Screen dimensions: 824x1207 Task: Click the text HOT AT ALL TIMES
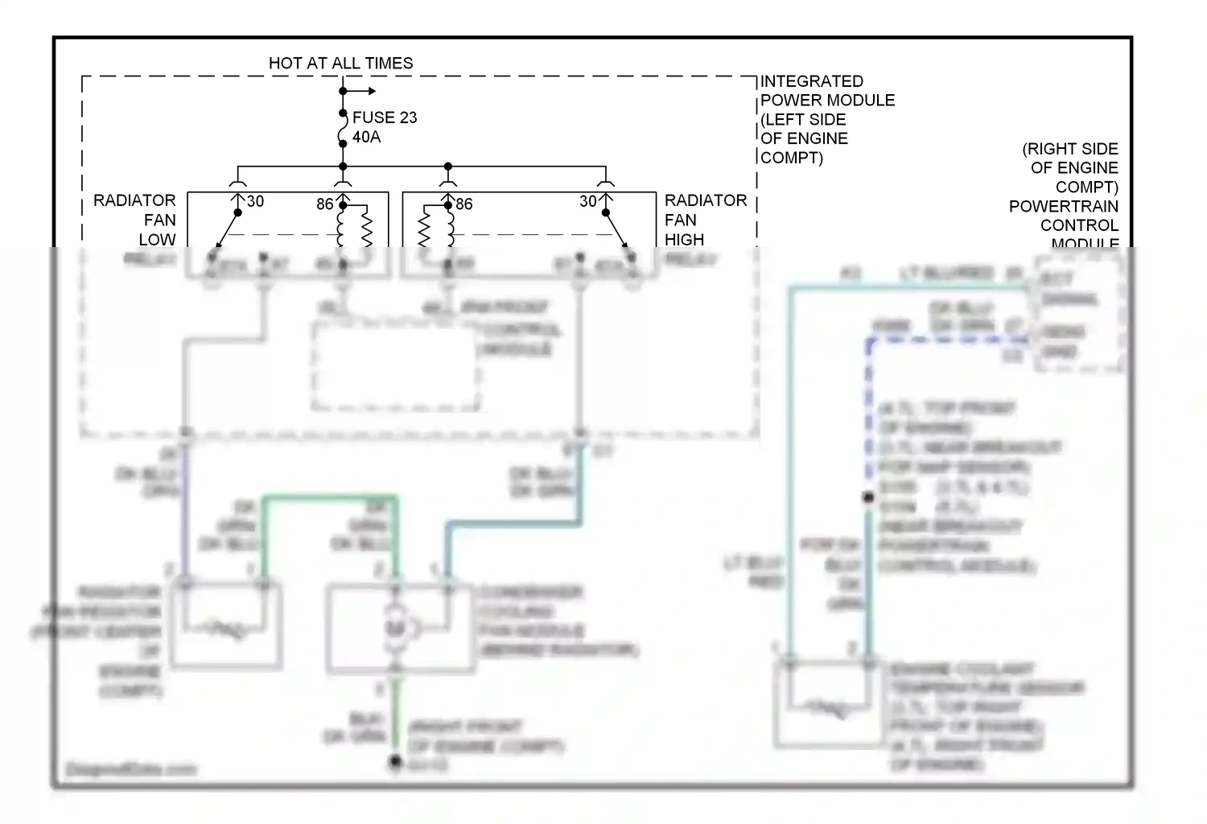340,63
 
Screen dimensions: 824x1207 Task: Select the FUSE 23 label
385,117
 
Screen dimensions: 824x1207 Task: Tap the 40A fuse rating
366,137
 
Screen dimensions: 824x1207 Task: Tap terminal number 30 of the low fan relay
255,201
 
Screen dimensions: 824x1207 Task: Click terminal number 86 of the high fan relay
464,204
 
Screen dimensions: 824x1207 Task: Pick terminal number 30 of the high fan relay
588,201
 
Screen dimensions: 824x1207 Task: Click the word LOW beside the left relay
157,240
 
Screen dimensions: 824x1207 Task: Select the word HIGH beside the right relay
684,240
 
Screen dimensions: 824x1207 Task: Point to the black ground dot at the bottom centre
395,760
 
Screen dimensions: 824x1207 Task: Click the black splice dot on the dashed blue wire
868,497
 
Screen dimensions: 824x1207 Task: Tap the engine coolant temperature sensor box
822,702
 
